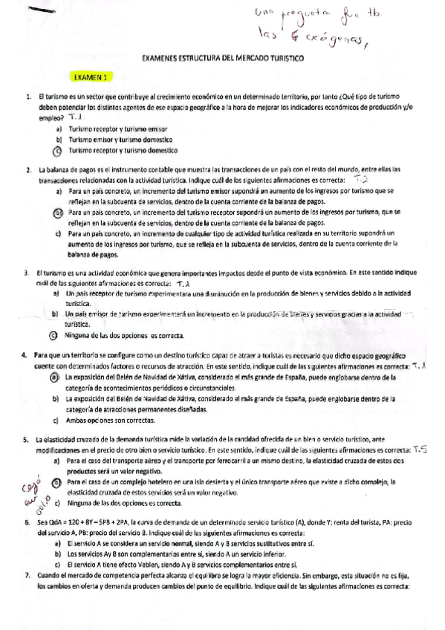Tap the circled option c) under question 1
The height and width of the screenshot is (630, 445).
pyautogui.click(x=58, y=149)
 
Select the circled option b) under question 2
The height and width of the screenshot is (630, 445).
pyautogui.click(x=58, y=212)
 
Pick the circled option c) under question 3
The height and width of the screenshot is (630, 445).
pyautogui.click(x=58, y=314)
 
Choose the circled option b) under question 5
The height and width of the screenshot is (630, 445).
pyautogui.click(x=58, y=482)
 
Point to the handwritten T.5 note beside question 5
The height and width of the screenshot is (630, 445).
pyautogui.click(x=421, y=449)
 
